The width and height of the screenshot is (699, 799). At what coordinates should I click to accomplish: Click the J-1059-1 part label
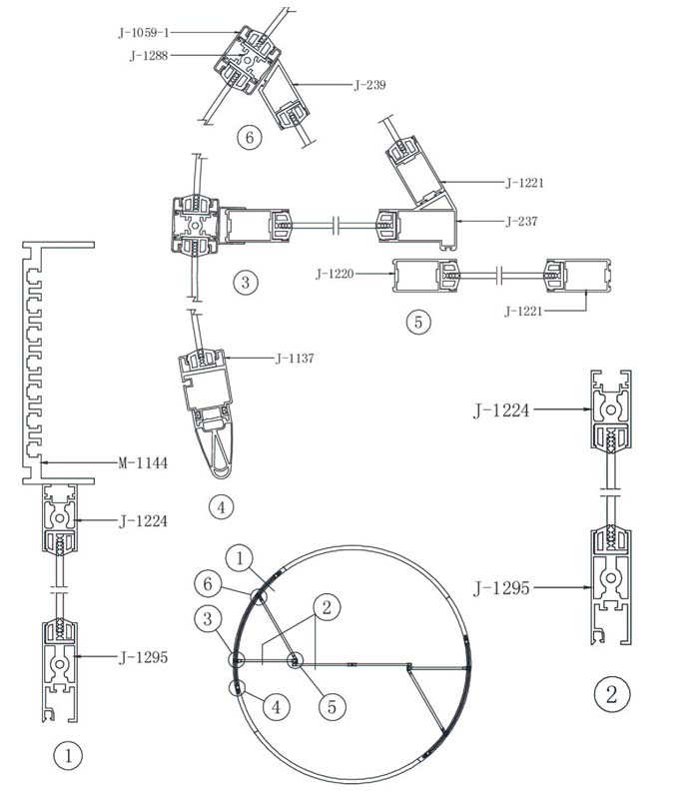(143, 33)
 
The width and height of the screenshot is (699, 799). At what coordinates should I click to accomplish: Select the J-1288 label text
(149, 56)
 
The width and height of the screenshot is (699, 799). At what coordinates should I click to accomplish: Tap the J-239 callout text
(369, 85)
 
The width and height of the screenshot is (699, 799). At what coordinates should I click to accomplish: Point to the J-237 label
(521, 221)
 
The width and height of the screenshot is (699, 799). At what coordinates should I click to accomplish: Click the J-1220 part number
(335, 274)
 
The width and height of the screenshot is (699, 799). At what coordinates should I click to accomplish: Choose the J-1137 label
(295, 359)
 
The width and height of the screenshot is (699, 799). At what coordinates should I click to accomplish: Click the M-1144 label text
(143, 462)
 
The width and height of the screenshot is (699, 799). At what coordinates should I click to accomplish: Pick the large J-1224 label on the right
(502, 409)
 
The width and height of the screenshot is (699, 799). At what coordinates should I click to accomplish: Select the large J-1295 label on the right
(502, 588)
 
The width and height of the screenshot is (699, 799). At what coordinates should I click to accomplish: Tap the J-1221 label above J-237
(524, 183)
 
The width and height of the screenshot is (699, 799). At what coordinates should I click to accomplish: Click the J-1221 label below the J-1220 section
(523, 311)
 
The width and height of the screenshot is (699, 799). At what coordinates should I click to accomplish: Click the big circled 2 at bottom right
(612, 694)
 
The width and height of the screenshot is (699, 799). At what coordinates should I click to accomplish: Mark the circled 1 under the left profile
(68, 755)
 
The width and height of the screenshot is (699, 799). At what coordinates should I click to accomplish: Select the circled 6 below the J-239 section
(249, 137)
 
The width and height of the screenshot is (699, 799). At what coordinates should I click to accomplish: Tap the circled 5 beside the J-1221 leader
(418, 322)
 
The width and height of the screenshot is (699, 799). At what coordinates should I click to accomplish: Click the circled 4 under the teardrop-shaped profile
(221, 507)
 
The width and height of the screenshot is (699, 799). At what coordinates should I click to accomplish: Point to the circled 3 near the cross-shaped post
(245, 282)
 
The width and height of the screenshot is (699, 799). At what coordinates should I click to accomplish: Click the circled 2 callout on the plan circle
(327, 607)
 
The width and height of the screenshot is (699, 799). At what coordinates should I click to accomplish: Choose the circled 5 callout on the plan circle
(333, 707)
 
